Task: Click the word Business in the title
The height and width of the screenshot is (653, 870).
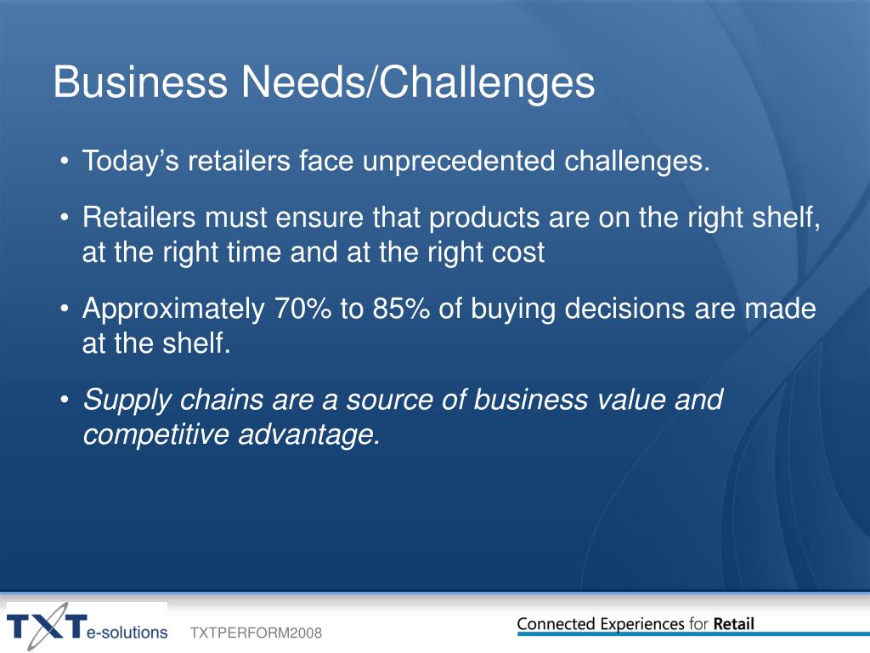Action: click(140, 82)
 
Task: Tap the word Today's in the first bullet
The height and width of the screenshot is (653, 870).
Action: click(130, 162)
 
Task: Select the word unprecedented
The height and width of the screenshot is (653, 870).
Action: click(458, 162)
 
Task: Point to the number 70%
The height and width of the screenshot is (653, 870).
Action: click(303, 308)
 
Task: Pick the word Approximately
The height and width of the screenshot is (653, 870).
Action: click(173, 309)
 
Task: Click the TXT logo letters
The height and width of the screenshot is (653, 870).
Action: click(48, 627)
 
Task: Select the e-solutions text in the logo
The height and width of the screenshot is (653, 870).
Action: click(127, 632)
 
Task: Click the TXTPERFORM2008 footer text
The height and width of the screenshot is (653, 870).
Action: click(256, 633)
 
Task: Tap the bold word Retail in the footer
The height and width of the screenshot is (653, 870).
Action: click(733, 623)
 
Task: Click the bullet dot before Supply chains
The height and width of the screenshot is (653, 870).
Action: click(65, 400)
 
